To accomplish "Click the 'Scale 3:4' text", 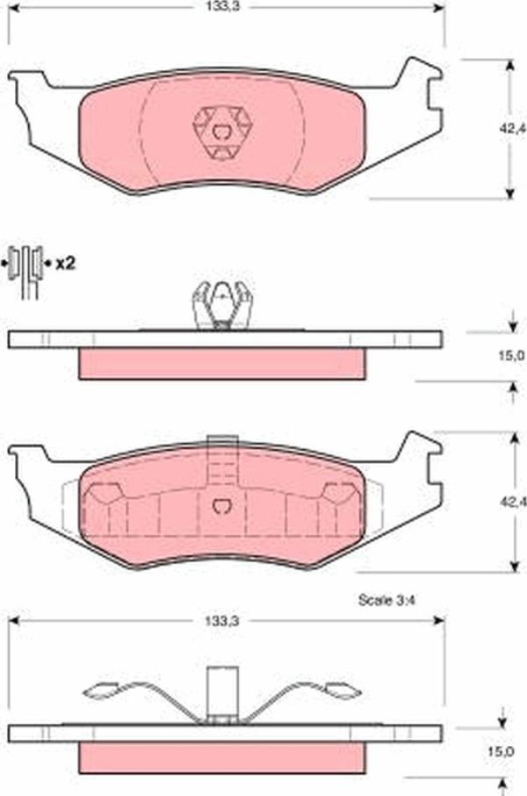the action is pyautogui.click(x=386, y=600).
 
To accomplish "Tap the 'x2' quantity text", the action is pyautogui.click(x=65, y=264).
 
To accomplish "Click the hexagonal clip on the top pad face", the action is pyautogui.click(x=222, y=133).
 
